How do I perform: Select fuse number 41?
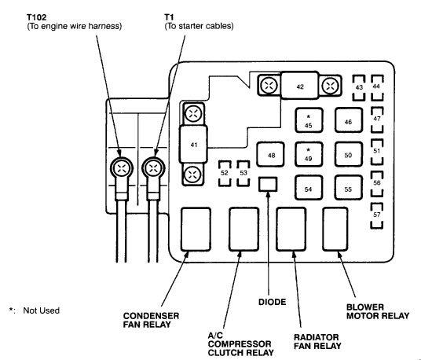point(193,144)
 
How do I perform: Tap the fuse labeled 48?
point(271,156)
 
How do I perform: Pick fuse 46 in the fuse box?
point(347,121)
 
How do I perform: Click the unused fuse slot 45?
point(308,121)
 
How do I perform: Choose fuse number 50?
point(347,155)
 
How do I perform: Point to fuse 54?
point(308,189)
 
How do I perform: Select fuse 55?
point(347,189)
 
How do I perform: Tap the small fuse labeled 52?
point(225,172)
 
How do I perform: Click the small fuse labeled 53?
point(243,172)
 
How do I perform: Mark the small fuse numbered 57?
point(377,214)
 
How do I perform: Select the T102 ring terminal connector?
point(122,167)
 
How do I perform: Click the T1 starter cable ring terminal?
point(153,167)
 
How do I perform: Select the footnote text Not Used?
point(41,310)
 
